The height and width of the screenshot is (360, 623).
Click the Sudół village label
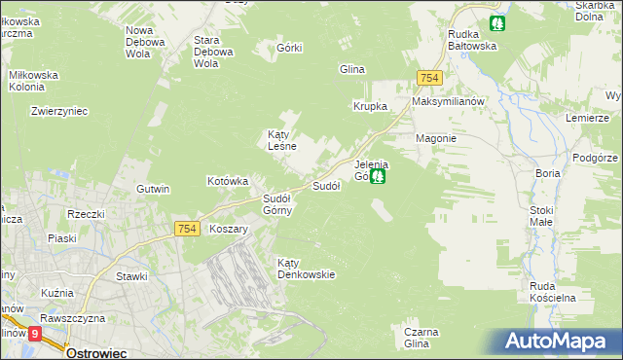[324, 185]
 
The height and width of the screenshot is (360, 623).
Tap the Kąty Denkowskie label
[306, 269]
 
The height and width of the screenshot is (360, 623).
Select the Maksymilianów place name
[448, 101]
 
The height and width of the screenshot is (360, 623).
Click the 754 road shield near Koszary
[188, 229]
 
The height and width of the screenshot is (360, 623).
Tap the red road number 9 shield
[36, 333]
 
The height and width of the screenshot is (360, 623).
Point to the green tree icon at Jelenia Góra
[380, 176]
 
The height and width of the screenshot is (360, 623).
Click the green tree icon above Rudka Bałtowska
[498, 22]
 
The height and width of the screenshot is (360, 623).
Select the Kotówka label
[229, 181]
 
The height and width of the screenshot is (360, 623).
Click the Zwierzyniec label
[59, 111]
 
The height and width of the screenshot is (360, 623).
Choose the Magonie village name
[436, 138]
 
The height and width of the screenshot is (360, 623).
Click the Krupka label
[370, 106]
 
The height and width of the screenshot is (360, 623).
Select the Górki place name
[290, 49]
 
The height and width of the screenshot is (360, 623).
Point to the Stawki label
[131, 276]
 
